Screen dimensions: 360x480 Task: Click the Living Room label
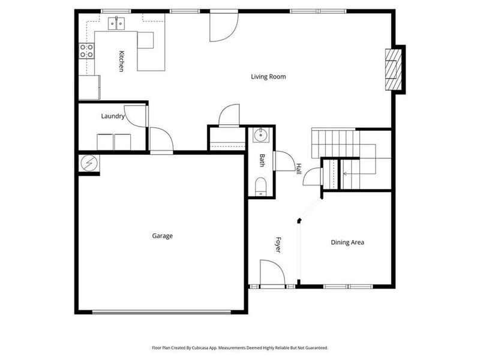point(268,77)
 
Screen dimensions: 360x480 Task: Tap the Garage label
point(162,236)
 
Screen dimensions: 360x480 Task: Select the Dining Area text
point(347,243)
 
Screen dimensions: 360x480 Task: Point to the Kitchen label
point(121,62)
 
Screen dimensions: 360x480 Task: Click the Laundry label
point(113,116)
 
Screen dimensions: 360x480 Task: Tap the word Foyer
point(278,244)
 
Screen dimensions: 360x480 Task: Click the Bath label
point(262,160)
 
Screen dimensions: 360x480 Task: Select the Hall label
point(298,169)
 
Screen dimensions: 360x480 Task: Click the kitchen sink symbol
point(116,23)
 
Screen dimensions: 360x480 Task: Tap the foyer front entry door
point(272,274)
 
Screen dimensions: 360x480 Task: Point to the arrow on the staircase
point(346,174)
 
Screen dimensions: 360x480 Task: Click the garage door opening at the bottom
point(161,311)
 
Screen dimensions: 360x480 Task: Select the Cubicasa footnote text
point(239,347)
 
